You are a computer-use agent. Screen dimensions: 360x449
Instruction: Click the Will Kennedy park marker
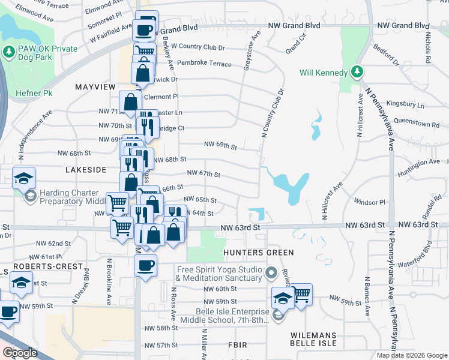[x=357, y=73]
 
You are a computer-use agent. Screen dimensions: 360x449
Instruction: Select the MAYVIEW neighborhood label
[x=95, y=87]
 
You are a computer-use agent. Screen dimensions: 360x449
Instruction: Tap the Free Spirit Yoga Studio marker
[x=270, y=274]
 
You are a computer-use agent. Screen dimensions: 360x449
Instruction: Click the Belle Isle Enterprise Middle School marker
[x=278, y=315]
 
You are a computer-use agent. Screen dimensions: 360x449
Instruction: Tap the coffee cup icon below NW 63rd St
[x=145, y=265]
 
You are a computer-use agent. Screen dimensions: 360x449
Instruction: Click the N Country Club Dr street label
[x=272, y=113]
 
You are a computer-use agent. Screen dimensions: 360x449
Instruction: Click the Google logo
[x=20, y=353]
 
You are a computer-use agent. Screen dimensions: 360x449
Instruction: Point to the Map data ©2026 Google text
[x=412, y=355]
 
